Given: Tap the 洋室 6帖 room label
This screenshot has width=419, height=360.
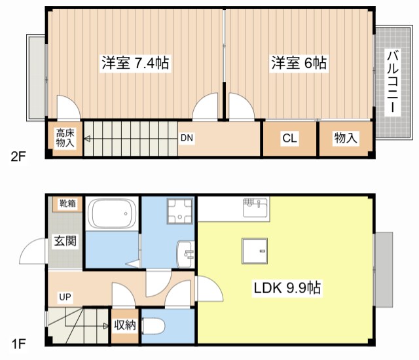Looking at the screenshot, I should [299, 63].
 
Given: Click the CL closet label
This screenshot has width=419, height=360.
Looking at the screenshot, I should [289, 138].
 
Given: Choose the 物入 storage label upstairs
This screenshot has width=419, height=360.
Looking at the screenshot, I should [346, 138].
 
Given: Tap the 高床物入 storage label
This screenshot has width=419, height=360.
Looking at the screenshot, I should [64, 138].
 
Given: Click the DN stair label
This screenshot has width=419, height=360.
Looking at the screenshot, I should [187, 138].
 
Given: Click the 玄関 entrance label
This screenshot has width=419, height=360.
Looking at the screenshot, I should [65, 240].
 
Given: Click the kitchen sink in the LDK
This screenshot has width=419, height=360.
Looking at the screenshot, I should [256, 208].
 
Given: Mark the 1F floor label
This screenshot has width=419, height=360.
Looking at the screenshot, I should [18, 342].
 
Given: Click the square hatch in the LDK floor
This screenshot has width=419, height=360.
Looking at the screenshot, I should [255, 251].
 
